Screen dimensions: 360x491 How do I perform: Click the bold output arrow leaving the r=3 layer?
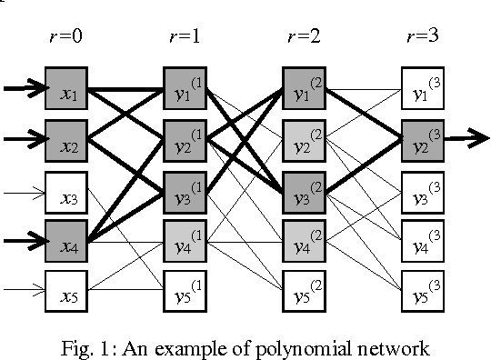466,139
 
